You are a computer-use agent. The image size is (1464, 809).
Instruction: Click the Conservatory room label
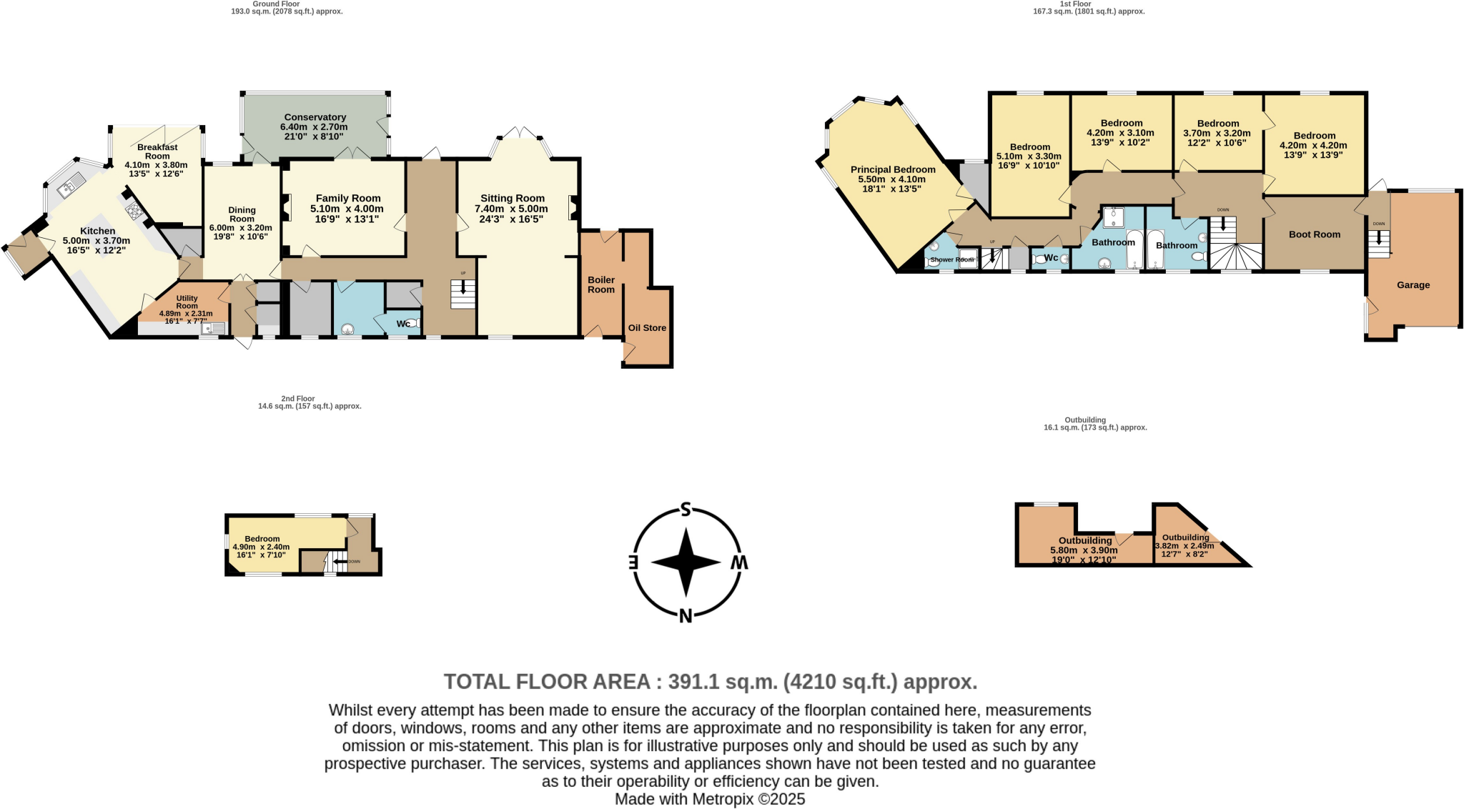[315, 117]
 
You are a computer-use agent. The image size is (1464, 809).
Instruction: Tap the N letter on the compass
[686, 616]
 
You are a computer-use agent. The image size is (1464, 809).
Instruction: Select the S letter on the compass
[686, 510]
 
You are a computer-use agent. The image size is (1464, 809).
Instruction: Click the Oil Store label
[647, 328]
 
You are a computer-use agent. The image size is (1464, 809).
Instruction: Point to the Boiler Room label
[601, 284]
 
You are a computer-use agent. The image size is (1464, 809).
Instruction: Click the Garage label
[1413, 285]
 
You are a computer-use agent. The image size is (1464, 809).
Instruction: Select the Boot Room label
[1314, 234]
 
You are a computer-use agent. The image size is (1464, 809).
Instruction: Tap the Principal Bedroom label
[893, 170]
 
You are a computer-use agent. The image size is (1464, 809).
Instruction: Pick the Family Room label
[348, 198]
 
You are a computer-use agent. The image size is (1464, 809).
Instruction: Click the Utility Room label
[187, 302]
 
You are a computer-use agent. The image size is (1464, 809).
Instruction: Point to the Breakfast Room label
[157, 152]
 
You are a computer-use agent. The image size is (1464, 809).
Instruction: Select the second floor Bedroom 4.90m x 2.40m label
[262, 539]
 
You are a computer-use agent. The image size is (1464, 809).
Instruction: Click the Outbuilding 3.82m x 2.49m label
[1184, 537]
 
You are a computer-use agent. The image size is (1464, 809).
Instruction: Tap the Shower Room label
[951, 259]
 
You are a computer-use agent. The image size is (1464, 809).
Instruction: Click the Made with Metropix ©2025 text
[710, 799]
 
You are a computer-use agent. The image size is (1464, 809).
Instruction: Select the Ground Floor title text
[276, 4]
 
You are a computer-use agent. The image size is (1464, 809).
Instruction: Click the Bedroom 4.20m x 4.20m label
[1314, 136]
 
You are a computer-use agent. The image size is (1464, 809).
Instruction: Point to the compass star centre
[686, 562]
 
